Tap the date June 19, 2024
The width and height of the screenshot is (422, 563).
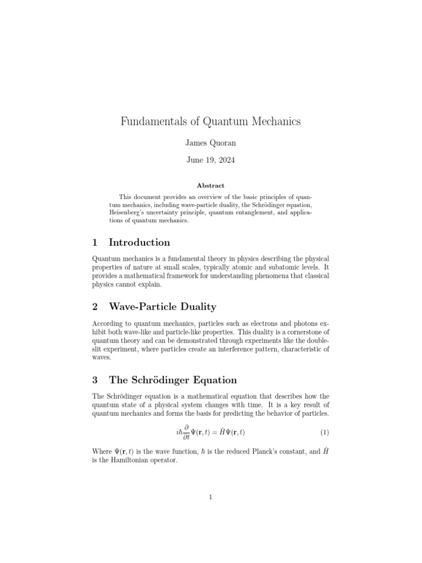[210, 162]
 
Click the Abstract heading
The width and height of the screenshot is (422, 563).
[210, 186]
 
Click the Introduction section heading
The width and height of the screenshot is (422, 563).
[140, 242]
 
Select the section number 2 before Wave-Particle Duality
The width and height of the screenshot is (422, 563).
[95, 307]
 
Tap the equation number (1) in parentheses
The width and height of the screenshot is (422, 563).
[324, 432]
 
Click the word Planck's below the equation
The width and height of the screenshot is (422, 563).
[267, 451]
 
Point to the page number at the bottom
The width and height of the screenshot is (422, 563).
[210, 498]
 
